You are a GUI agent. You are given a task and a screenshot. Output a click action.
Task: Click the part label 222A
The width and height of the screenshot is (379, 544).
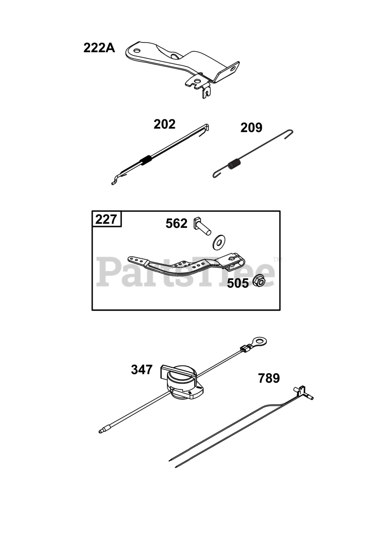click(99, 48)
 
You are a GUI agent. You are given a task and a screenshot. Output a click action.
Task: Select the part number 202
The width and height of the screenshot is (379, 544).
click(164, 124)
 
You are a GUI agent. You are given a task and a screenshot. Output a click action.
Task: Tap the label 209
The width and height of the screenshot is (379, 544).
click(251, 127)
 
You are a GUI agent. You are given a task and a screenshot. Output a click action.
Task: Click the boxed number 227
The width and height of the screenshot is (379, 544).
click(106, 219)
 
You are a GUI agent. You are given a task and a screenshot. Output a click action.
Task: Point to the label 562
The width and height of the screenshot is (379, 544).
click(176, 224)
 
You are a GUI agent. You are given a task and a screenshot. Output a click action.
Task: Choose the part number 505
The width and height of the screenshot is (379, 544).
click(238, 283)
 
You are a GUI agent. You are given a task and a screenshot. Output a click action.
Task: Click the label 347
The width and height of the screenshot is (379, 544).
click(141, 370)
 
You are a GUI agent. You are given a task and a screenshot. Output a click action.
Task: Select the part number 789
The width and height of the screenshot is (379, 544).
click(269, 378)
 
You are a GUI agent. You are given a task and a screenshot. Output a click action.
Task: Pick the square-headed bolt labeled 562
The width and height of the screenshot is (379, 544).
click(202, 225)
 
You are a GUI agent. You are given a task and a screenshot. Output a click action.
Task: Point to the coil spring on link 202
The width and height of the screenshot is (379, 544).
click(146, 160)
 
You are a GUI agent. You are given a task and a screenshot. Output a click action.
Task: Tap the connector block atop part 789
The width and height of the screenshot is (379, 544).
click(302, 390)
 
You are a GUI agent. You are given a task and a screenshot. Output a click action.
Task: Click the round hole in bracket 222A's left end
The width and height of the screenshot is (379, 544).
click(137, 50)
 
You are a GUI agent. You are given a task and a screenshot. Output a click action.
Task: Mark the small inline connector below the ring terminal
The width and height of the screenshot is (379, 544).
click(246, 349)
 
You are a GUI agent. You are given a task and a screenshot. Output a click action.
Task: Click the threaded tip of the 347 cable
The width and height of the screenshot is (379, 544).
click(102, 431)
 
